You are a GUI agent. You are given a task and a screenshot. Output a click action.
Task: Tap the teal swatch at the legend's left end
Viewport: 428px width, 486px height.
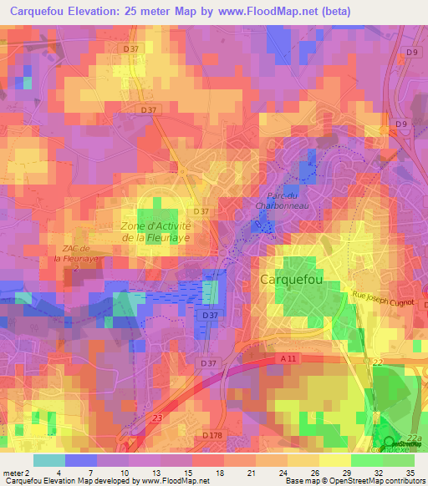tap(49, 460)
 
